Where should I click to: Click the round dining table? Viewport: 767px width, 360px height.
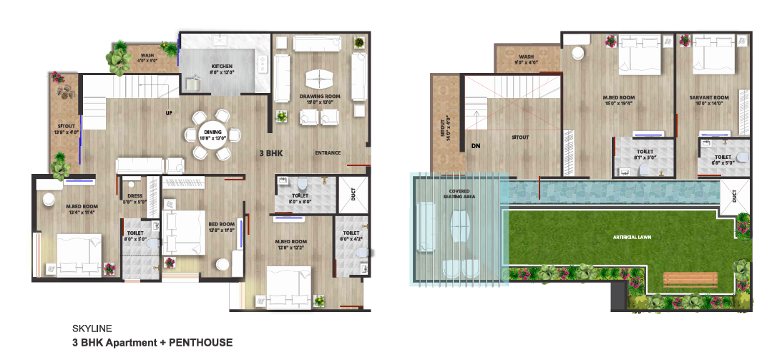[x=212, y=134]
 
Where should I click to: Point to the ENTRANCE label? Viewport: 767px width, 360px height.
[x=328, y=152]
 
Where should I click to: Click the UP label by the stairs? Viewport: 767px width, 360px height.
[x=169, y=113]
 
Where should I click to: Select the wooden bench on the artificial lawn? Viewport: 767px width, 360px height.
[x=690, y=279]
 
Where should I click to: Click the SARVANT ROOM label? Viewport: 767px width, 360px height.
[x=709, y=97]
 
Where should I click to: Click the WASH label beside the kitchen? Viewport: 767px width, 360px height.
[x=147, y=55]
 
